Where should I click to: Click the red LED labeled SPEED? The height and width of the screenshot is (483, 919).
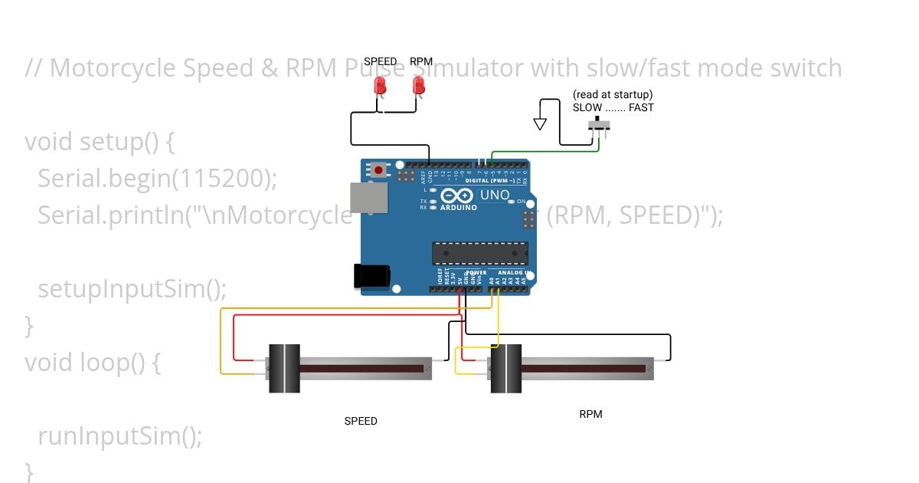[x=380, y=87]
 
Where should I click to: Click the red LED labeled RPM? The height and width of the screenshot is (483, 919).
[x=419, y=86]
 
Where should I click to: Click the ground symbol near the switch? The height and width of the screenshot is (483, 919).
[x=541, y=123]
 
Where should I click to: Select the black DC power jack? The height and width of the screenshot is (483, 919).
[x=371, y=276]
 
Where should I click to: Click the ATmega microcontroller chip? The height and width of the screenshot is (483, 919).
[x=480, y=253]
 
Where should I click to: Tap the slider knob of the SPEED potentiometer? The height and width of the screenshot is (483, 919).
[x=283, y=369]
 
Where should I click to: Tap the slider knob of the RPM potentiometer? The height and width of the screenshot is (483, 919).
[x=505, y=369]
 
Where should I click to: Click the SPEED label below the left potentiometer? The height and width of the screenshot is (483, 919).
[x=361, y=421]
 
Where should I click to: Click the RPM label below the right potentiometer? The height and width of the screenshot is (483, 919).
[x=590, y=414]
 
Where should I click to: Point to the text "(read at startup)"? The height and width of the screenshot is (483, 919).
[x=613, y=95]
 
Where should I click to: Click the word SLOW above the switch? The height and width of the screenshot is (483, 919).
[x=587, y=108]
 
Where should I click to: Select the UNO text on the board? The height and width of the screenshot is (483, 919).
[x=495, y=195]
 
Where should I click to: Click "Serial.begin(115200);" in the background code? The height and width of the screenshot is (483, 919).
[x=157, y=179]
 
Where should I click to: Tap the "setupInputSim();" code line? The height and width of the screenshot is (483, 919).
[x=132, y=289]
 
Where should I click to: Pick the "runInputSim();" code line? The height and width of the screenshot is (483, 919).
[x=120, y=436]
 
